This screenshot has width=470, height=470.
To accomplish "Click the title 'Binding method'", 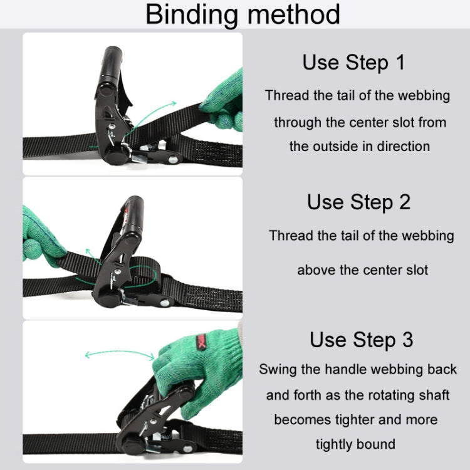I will pos(243,14).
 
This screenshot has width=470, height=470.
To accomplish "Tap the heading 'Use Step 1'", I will pos(353,63).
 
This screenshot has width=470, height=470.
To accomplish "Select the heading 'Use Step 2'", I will pos(358,202).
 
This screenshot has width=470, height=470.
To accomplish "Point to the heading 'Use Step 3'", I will pos(361,340).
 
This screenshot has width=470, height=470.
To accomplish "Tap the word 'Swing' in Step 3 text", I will pos(278,369).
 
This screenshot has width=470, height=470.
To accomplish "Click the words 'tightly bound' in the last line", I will pos(355,444).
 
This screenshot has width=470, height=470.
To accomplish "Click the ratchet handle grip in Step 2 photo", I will pos(132,216).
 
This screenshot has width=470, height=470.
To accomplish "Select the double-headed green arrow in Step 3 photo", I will pos(119,355).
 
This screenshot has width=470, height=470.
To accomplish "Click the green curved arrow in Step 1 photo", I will pos(157,119).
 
